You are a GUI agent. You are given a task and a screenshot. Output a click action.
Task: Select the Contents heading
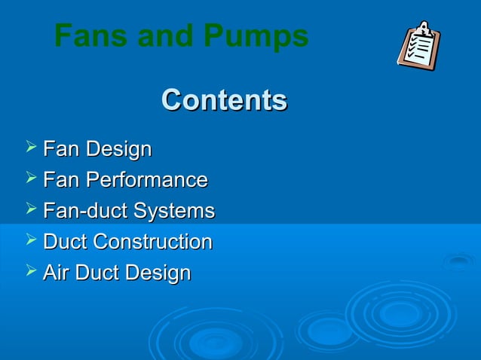pos(224,100)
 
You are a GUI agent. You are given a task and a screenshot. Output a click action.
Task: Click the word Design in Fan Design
pos(118,149)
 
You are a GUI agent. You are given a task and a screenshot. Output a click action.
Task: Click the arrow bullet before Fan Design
pos(30,148)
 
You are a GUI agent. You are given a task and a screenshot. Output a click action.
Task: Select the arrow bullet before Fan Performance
pos(30,178)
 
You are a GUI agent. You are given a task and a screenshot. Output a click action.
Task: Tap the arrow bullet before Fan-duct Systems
pos(30,209)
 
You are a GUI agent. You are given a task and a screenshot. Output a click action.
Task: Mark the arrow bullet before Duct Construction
pos(30,240)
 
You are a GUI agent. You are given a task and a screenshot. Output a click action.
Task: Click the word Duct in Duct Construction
pos(65,242)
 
